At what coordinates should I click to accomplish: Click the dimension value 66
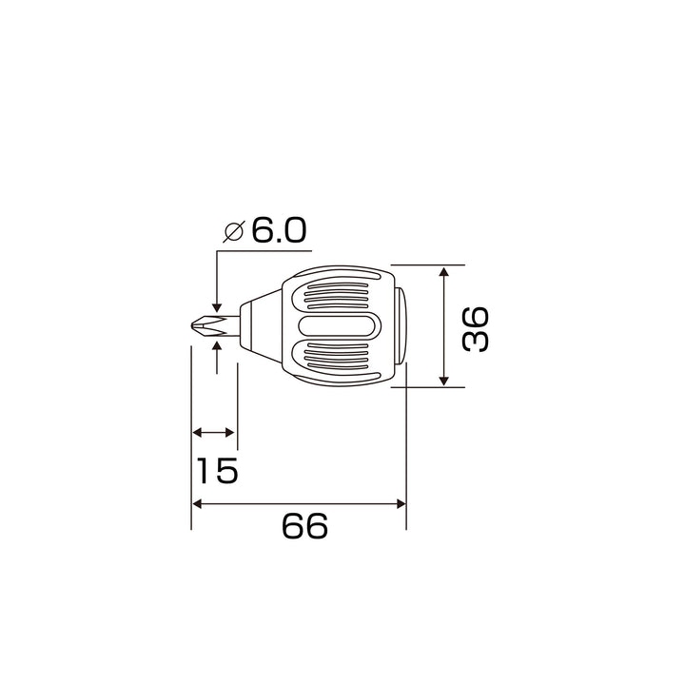(x=304, y=526)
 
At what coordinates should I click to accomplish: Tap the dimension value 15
(x=217, y=471)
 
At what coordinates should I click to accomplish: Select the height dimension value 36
(x=476, y=329)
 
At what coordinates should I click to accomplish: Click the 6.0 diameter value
(x=279, y=230)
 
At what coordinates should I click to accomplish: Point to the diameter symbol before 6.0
(x=234, y=230)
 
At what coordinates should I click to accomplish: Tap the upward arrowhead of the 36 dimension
(x=444, y=271)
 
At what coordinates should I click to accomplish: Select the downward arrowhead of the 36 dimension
(x=444, y=381)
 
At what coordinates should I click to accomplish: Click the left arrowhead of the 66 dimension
(x=197, y=504)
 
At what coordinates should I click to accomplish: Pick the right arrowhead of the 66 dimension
(x=401, y=504)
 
